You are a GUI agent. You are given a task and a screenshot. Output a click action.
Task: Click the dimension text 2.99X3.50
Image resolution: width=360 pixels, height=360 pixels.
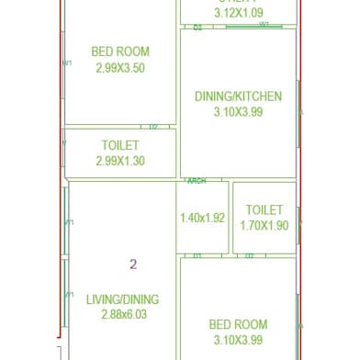click(120, 68)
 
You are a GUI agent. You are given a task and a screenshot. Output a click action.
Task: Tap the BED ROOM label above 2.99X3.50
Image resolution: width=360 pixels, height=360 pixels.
click(120, 52)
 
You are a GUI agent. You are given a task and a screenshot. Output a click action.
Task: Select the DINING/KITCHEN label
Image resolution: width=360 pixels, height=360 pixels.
click(238, 96)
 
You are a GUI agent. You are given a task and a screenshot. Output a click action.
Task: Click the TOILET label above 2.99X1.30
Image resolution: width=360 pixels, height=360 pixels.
click(120, 146)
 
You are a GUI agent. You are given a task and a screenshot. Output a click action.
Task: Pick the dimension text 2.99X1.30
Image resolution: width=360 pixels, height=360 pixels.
click(120, 162)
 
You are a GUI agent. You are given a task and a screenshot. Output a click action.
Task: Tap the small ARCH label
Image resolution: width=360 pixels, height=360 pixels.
click(197, 182)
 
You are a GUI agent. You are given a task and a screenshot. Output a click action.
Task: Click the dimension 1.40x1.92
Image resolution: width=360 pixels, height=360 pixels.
click(201, 219)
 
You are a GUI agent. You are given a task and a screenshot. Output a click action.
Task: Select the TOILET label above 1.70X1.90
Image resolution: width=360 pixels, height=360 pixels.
click(264, 210)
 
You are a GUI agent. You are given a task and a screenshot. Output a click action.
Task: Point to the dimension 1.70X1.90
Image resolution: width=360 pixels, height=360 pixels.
click(264, 225)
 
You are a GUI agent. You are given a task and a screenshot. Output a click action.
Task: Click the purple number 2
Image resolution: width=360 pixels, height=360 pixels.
click(133, 264)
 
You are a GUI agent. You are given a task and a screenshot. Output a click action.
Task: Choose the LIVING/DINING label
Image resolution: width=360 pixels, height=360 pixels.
click(122, 299)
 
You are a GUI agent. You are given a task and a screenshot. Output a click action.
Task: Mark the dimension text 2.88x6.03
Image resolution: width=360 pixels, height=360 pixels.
click(122, 315)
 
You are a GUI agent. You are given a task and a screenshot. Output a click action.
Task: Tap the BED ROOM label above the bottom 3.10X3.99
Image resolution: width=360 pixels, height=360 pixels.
click(238, 325)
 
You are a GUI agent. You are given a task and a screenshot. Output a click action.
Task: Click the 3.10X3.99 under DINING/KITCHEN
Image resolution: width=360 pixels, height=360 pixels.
click(238, 112)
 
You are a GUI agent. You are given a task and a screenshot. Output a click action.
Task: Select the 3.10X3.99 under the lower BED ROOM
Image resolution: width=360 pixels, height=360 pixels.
click(238, 341)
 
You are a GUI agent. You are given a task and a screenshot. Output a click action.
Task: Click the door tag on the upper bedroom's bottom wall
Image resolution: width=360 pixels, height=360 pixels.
click(153, 127)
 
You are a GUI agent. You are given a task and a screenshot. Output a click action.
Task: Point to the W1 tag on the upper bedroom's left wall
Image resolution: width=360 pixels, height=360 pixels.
click(67, 62)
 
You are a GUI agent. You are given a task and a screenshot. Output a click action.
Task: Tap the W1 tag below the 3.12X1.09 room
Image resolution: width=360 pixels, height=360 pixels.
click(264, 26)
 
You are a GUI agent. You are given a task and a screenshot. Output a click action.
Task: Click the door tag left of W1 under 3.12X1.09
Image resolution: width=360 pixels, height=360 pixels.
click(197, 28)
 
